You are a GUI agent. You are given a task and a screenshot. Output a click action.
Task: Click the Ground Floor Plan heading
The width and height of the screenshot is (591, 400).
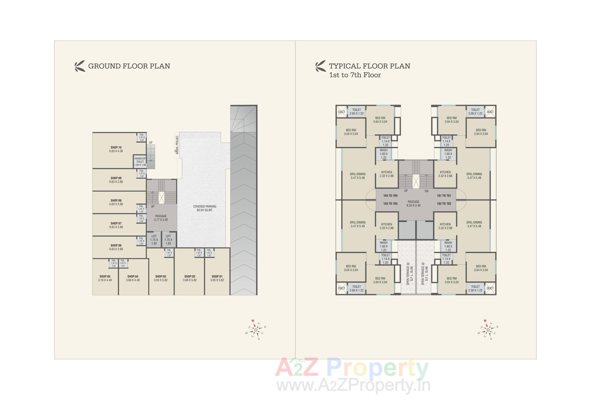129,66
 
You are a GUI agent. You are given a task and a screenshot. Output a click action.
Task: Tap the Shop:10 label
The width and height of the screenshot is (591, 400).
116,149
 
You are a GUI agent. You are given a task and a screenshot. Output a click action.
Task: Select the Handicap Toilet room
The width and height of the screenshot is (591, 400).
140,162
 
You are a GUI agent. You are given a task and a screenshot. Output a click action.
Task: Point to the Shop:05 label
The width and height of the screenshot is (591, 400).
105,278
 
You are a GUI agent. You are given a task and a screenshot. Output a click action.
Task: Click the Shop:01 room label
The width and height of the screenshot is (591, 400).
217,278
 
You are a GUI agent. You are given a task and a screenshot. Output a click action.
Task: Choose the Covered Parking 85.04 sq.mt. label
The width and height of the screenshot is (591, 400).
205,208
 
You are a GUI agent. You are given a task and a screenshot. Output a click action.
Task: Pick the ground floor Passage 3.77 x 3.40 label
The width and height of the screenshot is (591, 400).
161,218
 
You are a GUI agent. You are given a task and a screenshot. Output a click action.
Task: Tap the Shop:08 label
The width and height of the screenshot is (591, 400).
116,202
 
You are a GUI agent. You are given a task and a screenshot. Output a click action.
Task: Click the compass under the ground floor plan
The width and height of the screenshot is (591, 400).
255,330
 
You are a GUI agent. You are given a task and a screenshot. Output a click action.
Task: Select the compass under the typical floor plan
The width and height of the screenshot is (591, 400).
488,330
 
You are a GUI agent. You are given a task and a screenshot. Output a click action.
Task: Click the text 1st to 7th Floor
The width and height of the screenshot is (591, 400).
355,75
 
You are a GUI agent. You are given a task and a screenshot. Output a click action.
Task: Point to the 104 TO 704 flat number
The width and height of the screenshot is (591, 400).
390,196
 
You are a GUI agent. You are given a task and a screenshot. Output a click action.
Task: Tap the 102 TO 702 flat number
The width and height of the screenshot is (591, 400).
444,204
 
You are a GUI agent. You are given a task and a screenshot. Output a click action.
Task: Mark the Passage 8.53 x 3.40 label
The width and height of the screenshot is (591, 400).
413,204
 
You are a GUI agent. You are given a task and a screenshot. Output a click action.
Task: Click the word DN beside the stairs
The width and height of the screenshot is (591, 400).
426,191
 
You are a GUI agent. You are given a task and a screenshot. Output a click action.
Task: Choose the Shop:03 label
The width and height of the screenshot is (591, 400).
161,278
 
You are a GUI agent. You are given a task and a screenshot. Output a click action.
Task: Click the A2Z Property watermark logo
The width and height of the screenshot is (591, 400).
352,368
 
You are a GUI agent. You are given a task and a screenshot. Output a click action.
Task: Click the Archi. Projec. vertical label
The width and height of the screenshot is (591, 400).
177,145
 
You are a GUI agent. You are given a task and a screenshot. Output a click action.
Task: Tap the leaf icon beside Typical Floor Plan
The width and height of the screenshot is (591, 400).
320,66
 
